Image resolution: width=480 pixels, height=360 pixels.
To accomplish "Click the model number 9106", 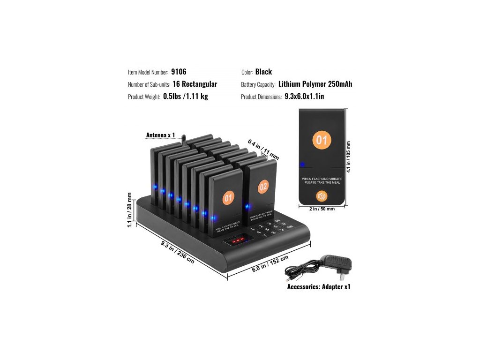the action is (x=179, y=72).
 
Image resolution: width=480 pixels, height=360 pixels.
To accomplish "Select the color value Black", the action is (x=263, y=72).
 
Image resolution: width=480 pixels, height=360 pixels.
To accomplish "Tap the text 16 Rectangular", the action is (x=195, y=84).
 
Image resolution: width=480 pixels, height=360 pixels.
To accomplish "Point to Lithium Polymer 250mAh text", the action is (x=315, y=84).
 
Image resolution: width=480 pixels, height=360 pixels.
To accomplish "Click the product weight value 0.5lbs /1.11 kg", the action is (x=185, y=97).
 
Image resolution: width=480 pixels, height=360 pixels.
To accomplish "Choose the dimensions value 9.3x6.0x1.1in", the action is (x=304, y=97).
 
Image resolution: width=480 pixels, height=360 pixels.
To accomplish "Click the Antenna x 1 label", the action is (x=160, y=135).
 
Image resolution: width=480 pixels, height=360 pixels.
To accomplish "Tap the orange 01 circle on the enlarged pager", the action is (x=322, y=140).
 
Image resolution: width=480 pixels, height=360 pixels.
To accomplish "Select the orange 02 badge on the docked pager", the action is (x=263, y=187).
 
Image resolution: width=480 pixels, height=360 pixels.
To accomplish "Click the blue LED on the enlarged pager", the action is (x=302, y=165).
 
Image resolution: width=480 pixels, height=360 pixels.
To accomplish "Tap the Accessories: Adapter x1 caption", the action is (x=318, y=286).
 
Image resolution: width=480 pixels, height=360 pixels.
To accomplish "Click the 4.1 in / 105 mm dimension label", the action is (x=349, y=157).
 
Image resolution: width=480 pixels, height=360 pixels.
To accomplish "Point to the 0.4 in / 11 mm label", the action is (x=263, y=150).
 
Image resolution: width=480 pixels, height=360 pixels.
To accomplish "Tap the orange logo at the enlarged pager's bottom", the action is (x=322, y=195).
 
